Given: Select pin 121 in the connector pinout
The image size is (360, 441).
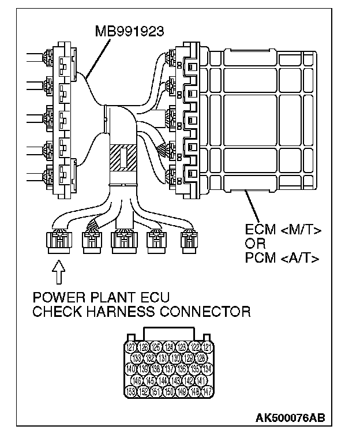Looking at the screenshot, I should coord(208,347).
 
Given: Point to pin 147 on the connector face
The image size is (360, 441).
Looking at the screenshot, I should coord(208,392).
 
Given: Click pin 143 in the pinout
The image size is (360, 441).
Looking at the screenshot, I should coord(176,381).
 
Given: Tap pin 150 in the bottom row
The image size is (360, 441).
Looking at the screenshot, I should coord(169,392).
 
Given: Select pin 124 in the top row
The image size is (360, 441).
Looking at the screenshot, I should coord(169,347).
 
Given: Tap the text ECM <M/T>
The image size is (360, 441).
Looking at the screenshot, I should coord(283,231).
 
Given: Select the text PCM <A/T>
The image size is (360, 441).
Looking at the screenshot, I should coord(283,258).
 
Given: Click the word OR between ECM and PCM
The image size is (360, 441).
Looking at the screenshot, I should coord(254,245).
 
